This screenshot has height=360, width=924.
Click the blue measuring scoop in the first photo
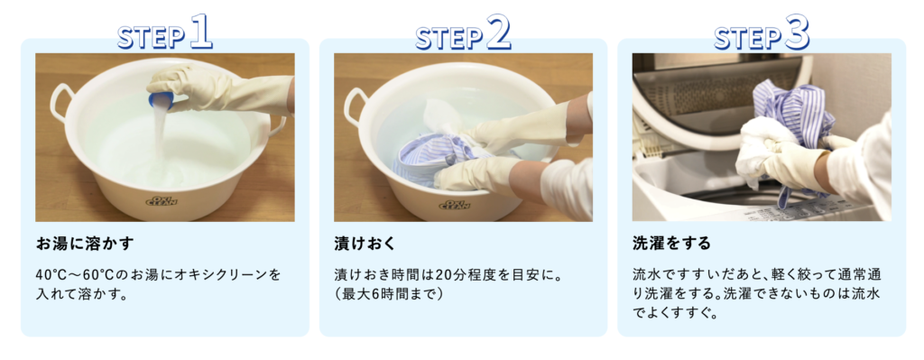[x=161, y=98]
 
